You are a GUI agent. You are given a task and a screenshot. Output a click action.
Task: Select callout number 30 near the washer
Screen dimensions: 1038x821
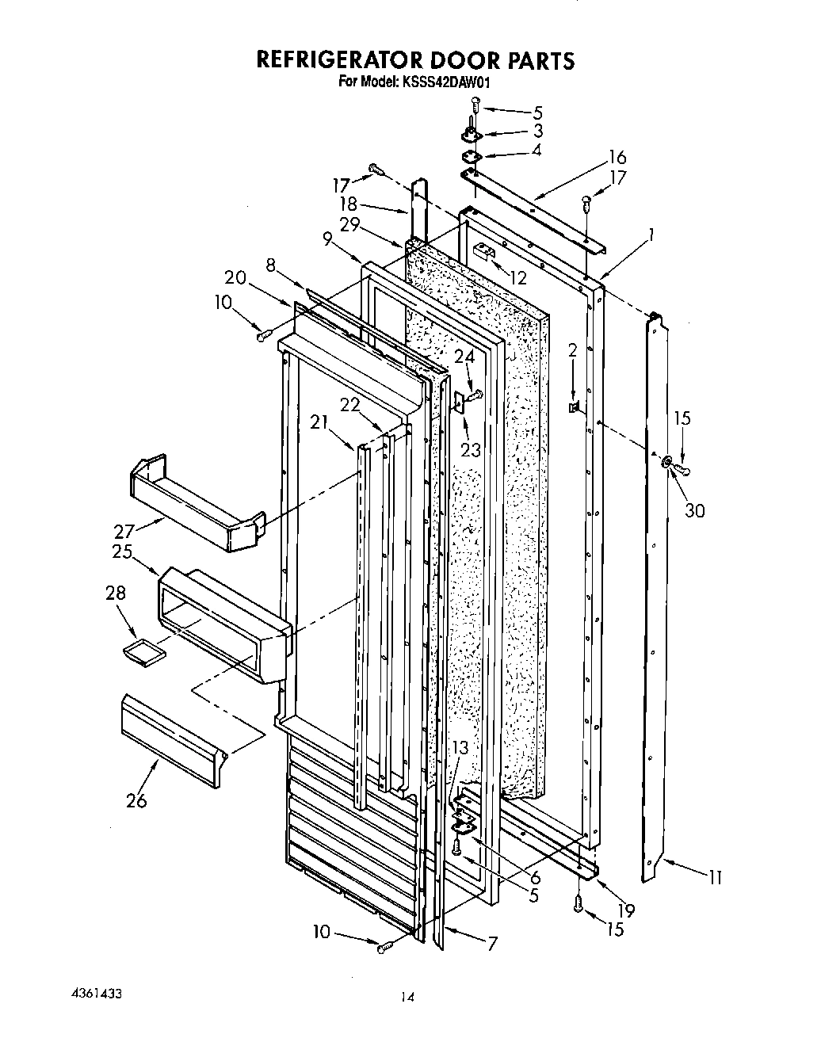tap(693, 511)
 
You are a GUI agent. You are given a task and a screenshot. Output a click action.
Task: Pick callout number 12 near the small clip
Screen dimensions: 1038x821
tap(518, 278)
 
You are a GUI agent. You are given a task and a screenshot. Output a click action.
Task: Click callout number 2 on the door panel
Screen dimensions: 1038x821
tap(572, 351)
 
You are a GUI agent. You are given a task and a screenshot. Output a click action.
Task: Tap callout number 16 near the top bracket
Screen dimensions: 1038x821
tap(617, 156)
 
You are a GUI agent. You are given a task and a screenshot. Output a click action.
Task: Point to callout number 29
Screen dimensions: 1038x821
tap(351, 226)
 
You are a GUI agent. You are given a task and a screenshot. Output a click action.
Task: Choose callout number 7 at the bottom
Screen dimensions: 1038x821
tap(492, 944)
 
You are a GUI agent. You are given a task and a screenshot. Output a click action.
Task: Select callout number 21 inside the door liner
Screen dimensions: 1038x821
tap(319, 422)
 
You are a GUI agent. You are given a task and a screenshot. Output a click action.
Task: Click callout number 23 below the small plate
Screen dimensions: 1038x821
tap(470, 450)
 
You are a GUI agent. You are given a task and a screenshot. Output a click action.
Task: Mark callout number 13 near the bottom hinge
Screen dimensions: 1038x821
tap(460, 748)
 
